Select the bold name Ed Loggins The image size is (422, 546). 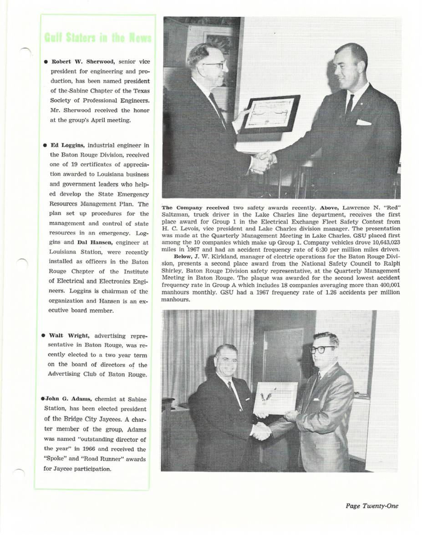(65, 145)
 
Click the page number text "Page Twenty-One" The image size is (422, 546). (371, 506)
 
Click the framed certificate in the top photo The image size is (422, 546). (269, 114)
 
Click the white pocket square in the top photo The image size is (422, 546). (363, 122)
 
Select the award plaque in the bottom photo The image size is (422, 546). (275, 397)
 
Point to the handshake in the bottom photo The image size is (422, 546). (261, 430)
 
